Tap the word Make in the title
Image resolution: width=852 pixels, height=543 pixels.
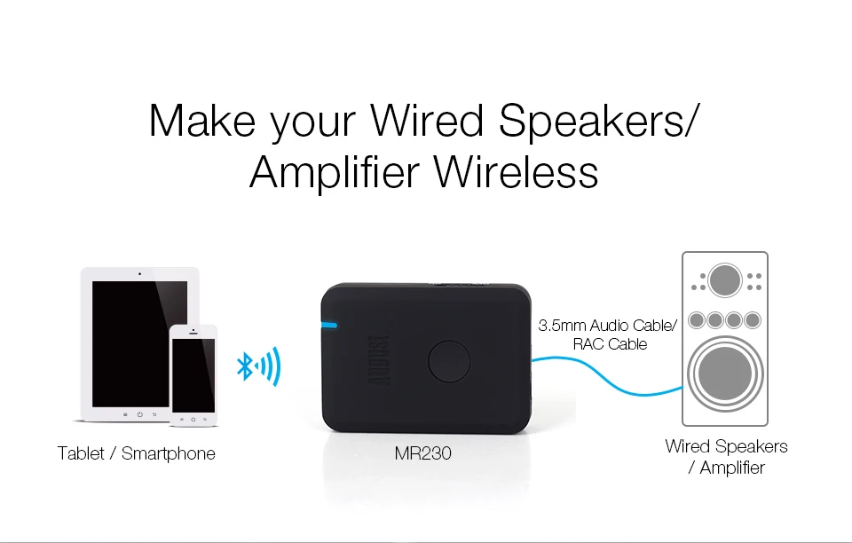[202, 120]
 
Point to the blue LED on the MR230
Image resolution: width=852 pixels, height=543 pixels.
[330, 323]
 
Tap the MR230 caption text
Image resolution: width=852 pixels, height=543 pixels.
[422, 453]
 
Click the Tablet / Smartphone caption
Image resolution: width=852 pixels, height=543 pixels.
[136, 453]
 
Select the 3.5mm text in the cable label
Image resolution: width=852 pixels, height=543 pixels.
[561, 326]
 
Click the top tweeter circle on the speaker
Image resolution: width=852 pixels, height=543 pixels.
[725, 280]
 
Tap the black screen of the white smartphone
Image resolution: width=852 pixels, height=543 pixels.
[193, 374]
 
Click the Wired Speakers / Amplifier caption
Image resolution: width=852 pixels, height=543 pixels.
[726, 456]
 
